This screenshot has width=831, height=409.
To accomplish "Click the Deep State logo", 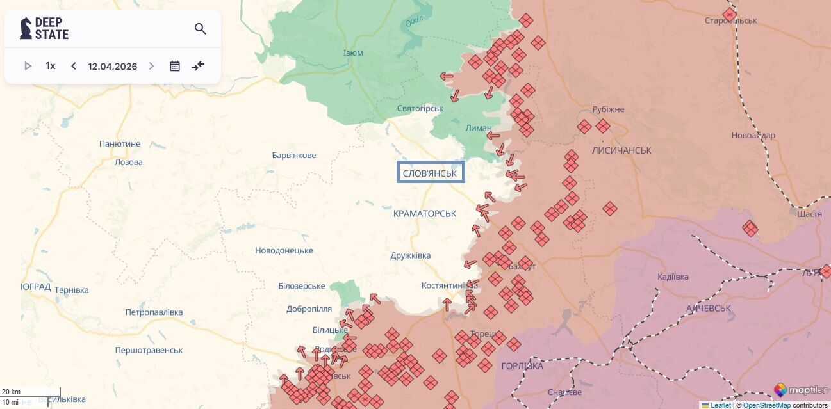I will point(44,29).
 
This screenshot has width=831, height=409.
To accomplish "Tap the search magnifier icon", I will point(201,29).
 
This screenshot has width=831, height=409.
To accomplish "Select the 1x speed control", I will point(51,66).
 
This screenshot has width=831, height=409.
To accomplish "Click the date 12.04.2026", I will point(113,67).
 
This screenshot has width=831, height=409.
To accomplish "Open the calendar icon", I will point(175,66).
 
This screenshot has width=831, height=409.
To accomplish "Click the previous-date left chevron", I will point(74,66).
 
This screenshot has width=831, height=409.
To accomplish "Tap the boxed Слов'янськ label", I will point(430,173).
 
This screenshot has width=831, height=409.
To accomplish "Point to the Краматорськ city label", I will point(425,213).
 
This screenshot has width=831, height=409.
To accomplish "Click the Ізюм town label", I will point(353,53).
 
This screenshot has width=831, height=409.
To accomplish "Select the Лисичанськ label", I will point(621,150).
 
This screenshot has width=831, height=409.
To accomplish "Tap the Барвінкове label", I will point(294,156).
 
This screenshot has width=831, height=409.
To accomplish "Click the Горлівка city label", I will point(522,366).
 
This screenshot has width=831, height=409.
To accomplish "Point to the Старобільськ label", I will point(730,20).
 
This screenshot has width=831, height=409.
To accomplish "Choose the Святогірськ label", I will point(420,108).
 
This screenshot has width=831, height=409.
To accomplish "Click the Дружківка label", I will point(411,256).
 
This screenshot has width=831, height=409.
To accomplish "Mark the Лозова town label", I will point(129,162).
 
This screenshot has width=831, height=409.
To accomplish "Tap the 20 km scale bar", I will point(31,392).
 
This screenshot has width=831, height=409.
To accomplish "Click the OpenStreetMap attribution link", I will point(767,405).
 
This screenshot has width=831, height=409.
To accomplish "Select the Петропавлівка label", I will point(154,312).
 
